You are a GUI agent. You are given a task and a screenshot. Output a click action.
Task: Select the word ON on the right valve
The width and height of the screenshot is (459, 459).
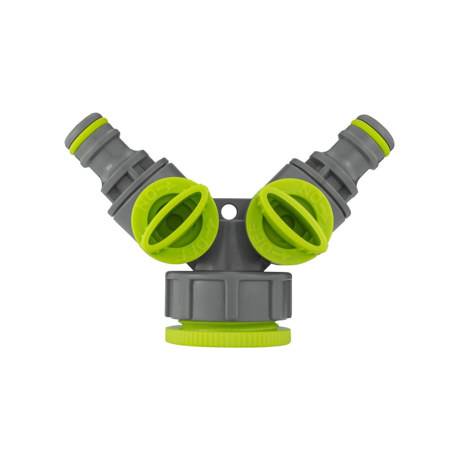[308, 193]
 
